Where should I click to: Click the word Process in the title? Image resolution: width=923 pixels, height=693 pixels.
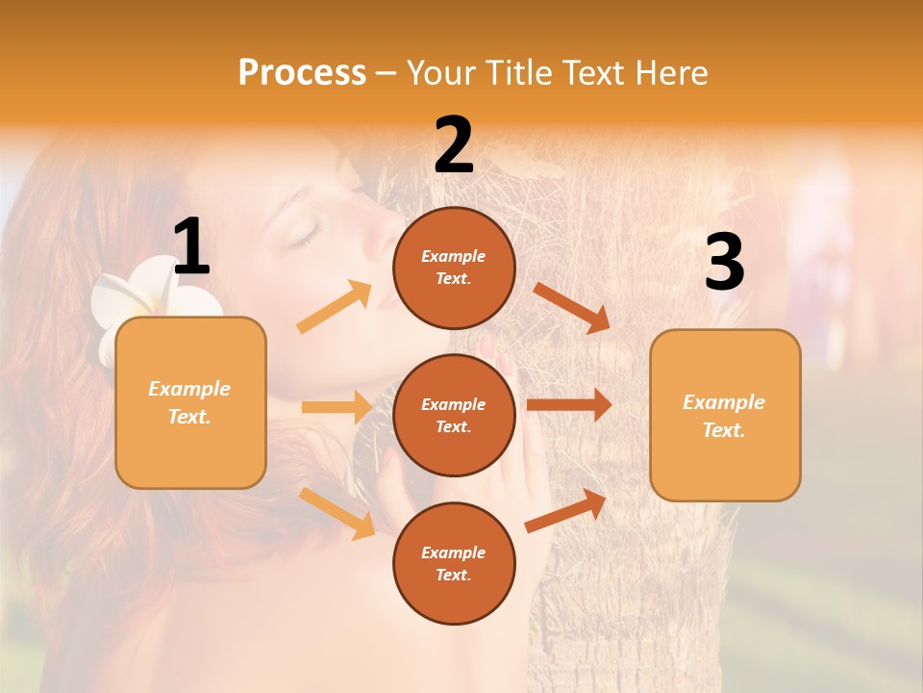coord(302,73)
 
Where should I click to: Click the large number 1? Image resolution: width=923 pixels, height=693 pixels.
coord(191,248)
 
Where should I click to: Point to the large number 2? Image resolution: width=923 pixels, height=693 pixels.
coord(454,145)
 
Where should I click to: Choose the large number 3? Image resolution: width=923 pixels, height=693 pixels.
coord(724,263)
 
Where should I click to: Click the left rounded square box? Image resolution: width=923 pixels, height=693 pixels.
coord(190,402)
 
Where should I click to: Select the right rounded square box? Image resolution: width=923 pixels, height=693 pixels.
coord(725,415)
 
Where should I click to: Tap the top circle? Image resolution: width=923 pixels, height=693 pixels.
coord(454,268)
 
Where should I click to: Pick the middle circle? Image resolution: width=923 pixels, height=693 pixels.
coord(454,415)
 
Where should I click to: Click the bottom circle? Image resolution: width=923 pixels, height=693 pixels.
coord(454,563)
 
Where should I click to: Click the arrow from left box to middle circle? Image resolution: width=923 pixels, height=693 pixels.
coord(337,407)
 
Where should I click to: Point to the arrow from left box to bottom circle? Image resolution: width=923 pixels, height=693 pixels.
coord(337,512)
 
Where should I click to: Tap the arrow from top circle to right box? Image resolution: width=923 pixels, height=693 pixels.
coord(572,308)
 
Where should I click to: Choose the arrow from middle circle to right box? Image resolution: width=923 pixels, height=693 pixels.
coord(569,405)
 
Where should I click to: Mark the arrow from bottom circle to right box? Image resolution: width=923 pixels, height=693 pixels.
coord(566,510)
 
